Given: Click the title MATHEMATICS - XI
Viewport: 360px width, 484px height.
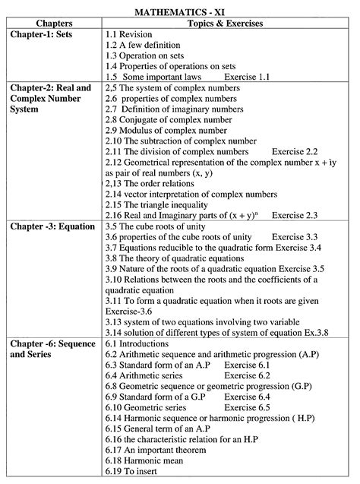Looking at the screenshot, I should (x=180, y=13).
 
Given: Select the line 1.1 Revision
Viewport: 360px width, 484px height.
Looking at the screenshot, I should (x=131, y=35).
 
